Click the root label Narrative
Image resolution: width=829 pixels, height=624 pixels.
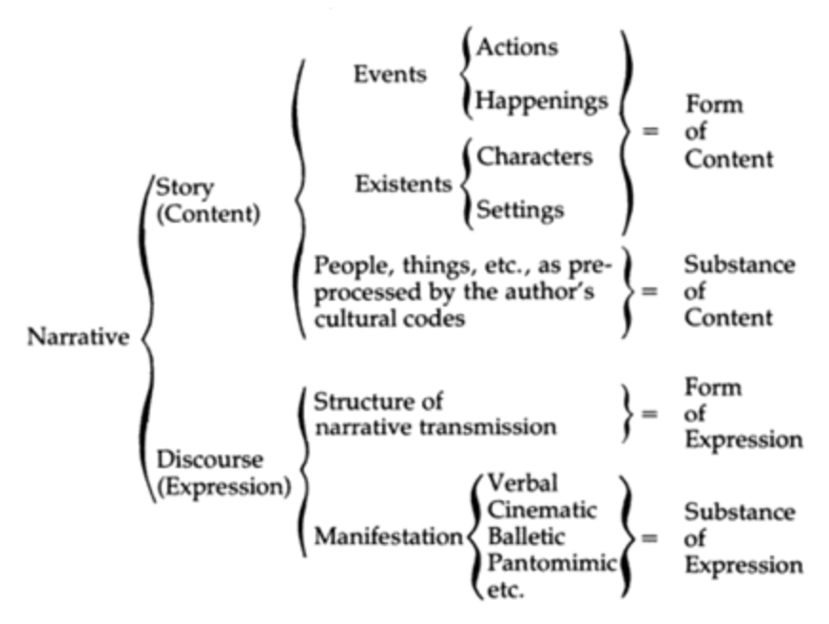79,338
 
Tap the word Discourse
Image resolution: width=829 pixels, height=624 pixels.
210,459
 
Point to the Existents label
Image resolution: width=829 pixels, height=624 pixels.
403,184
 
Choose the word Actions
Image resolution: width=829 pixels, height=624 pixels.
517,45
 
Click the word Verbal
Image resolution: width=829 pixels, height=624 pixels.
523,483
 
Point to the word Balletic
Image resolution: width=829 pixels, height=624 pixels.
526,536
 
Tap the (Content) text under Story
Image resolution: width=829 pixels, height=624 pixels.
208,213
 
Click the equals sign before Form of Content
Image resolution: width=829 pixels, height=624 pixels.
651,131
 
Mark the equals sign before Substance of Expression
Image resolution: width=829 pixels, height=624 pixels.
651,537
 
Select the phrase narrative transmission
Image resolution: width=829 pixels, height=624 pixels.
434,427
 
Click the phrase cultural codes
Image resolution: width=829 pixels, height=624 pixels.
390,318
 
